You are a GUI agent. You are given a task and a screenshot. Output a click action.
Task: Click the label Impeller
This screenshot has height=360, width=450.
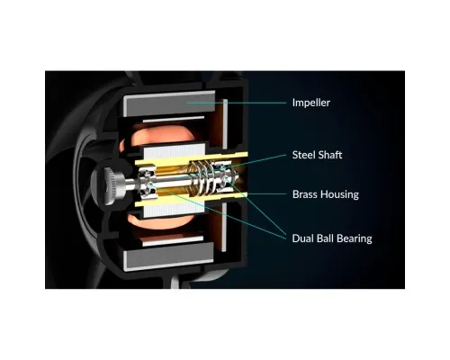[311, 103]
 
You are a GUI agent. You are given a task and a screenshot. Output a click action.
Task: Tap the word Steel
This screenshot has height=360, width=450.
[303, 155]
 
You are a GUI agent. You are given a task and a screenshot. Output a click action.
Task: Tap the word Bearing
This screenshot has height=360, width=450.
[355, 238]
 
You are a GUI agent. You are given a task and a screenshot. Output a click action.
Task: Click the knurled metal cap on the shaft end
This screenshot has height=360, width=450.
[115, 184]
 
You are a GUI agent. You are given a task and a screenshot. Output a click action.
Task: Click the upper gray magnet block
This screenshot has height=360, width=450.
[170, 103]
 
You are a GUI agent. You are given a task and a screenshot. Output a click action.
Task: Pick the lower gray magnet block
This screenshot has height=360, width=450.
[168, 256]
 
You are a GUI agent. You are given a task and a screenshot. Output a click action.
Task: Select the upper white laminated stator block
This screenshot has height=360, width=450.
[175, 152]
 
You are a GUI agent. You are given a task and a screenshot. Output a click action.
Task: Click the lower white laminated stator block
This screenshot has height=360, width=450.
[174, 209]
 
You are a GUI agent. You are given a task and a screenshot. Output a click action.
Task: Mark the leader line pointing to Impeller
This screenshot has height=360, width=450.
[237, 103]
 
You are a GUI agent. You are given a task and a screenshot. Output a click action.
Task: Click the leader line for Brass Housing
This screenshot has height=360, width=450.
[266, 194]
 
